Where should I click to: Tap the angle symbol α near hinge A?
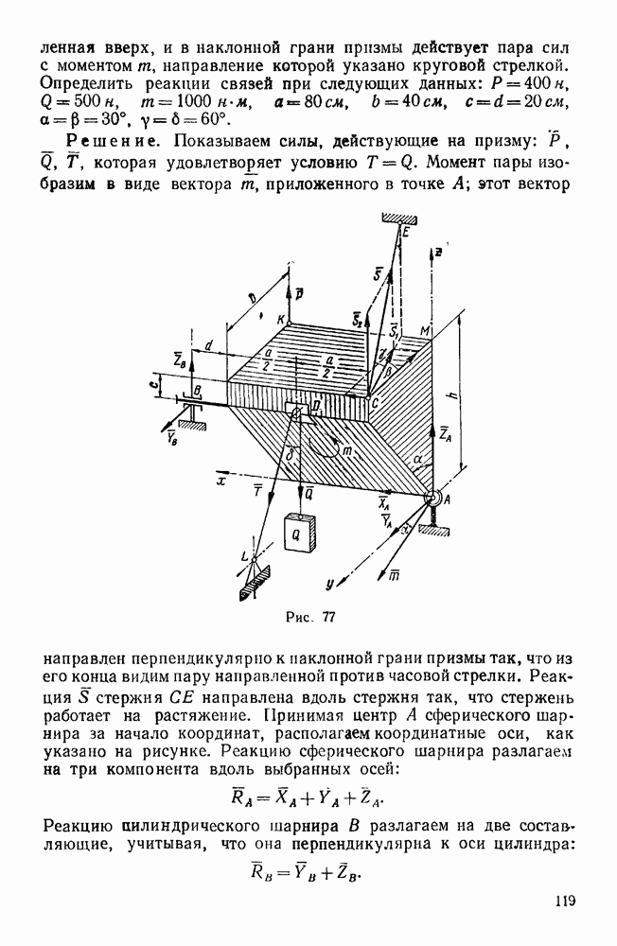[x=414, y=460]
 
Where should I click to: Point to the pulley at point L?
[x=253, y=562]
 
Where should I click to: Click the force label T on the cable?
[x=255, y=489]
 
